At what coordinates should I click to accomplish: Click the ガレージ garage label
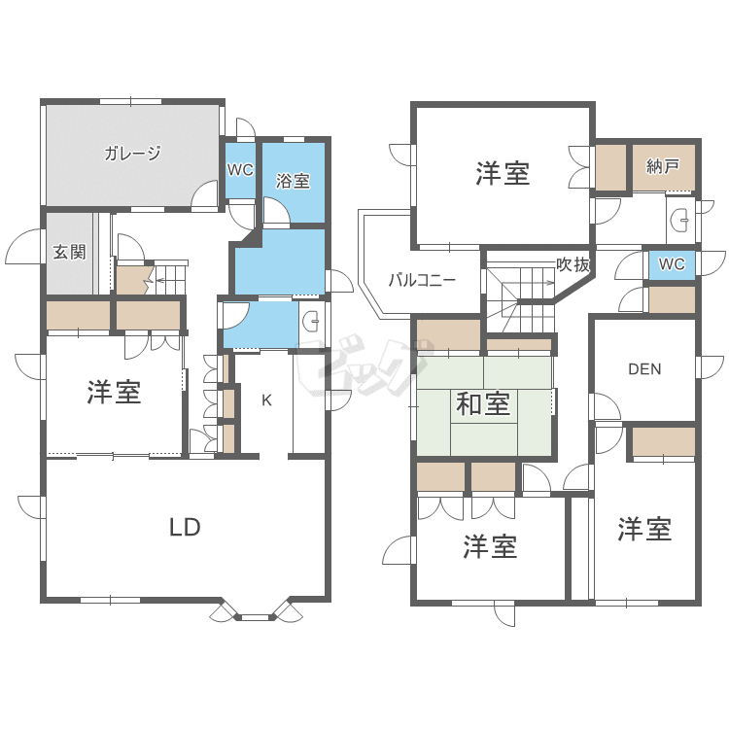pyautogui.click(x=133, y=153)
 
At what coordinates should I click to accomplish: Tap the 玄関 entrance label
pyautogui.click(x=69, y=253)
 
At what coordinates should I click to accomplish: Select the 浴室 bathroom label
pyautogui.click(x=293, y=181)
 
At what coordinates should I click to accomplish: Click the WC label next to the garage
pyautogui.click(x=240, y=169)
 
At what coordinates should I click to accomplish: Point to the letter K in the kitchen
pyautogui.click(x=265, y=399)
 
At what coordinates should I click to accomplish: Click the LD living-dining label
pyautogui.click(x=185, y=528)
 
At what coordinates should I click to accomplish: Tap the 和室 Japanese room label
pyautogui.click(x=483, y=402)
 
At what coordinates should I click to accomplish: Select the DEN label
pyautogui.click(x=644, y=368)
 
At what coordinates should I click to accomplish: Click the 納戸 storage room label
pyautogui.click(x=663, y=166)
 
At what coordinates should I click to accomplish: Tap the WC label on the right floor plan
pyautogui.click(x=672, y=264)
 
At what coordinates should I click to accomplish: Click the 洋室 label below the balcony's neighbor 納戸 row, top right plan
pyautogui.click(x=503, y=174)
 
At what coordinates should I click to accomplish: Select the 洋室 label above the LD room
pyautogui.click(x=114, y=393)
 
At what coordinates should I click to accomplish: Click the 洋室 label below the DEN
pyautogui.click(x=644, y=530)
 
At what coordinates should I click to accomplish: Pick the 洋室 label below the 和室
pyautogui.click(x=489, y=547)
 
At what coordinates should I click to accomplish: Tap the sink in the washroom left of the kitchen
pyautogui.click(x=309, y=321)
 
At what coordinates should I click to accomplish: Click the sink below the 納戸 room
pyautogui.click(x=680, y=221)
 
